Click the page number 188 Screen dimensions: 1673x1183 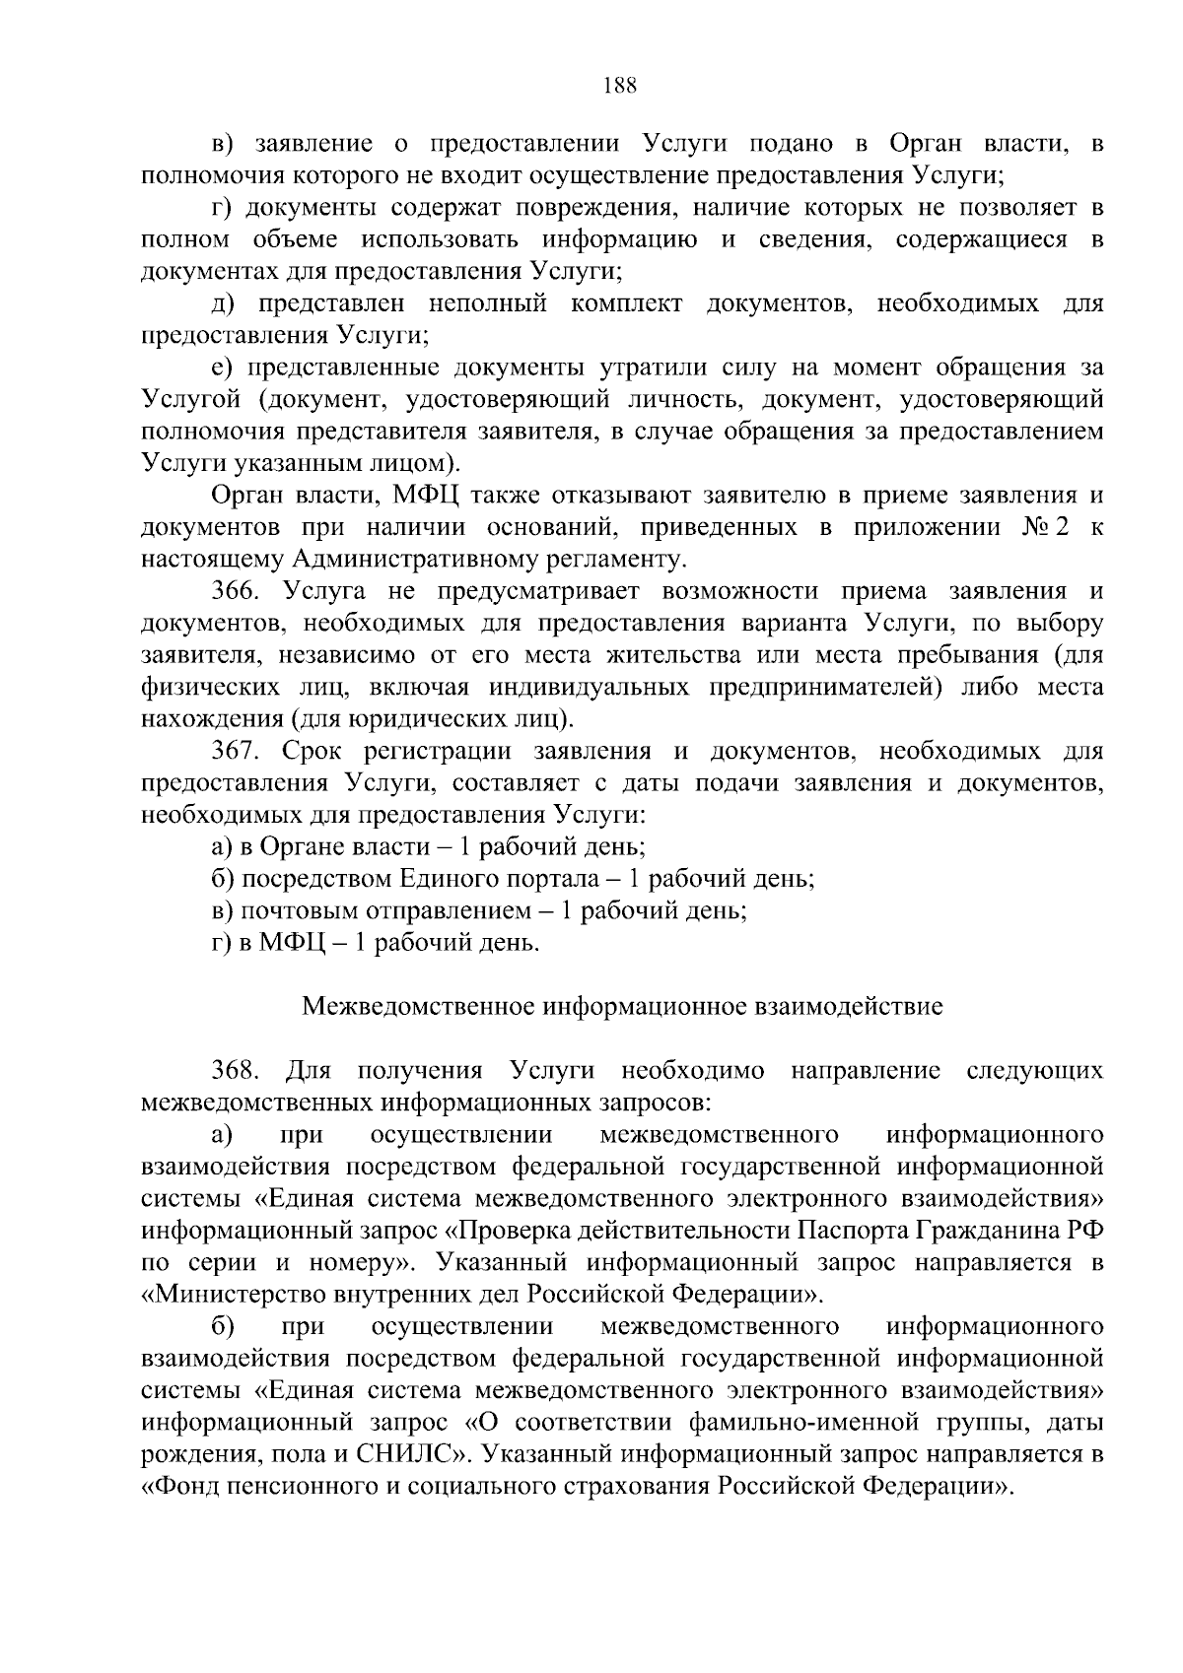click(x=620, y=85)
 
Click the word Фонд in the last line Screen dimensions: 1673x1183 click(x=182, y=1486)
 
